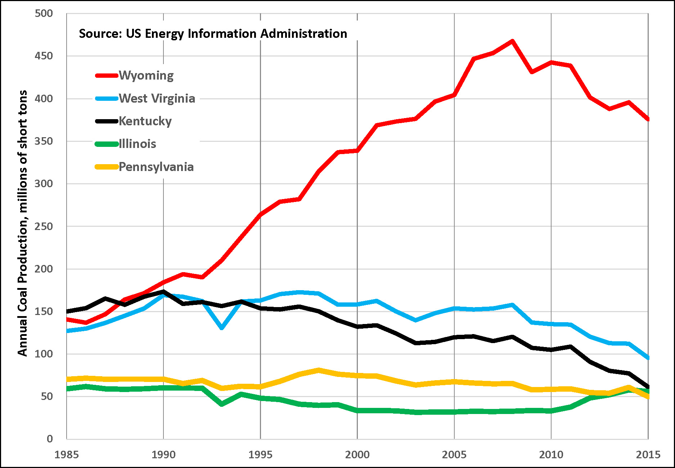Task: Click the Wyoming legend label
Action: coord(146,76)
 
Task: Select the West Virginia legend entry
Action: coord(157,98)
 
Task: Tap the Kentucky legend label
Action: coord(145,121)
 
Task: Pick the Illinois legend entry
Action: coord(138,144)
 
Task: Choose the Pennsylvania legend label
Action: coord(156,167)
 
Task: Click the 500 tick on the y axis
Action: coord(44,14)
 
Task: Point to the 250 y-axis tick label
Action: coord(44,226)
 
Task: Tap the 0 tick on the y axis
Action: coord(50,439)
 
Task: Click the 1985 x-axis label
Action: coord(67,455)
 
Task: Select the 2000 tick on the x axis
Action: coord(357,455)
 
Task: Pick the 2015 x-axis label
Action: coord(648,455)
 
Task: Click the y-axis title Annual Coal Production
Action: coord(22,223)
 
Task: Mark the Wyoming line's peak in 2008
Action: coord(512,41)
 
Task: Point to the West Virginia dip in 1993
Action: coord(222,328)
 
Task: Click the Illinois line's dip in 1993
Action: coord(222,404)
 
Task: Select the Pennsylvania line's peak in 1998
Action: coord(319,370)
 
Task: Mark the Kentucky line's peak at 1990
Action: coord(163,292)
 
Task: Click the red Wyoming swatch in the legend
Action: coord(107,76)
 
